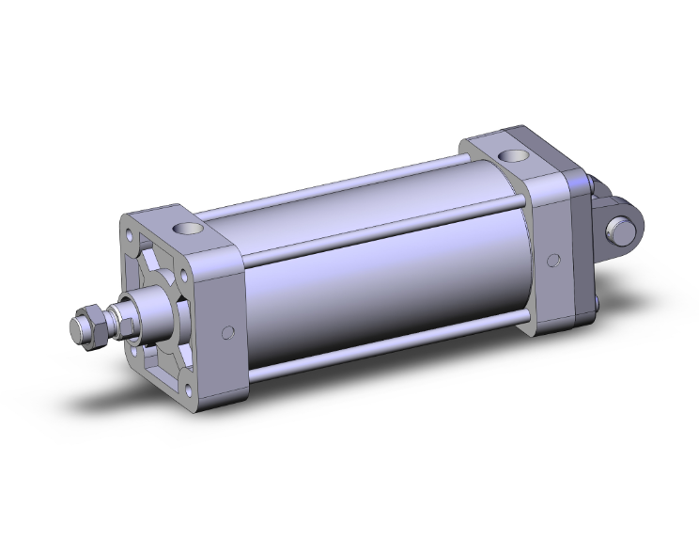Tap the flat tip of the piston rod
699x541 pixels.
click(74, 332)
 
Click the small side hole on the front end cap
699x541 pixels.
click(226, 332)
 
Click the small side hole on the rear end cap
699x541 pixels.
click(554, 259)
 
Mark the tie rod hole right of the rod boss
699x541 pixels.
click(184, 279)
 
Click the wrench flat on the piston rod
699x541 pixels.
click(121, 317)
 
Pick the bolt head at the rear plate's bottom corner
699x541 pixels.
click(597, 303)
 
